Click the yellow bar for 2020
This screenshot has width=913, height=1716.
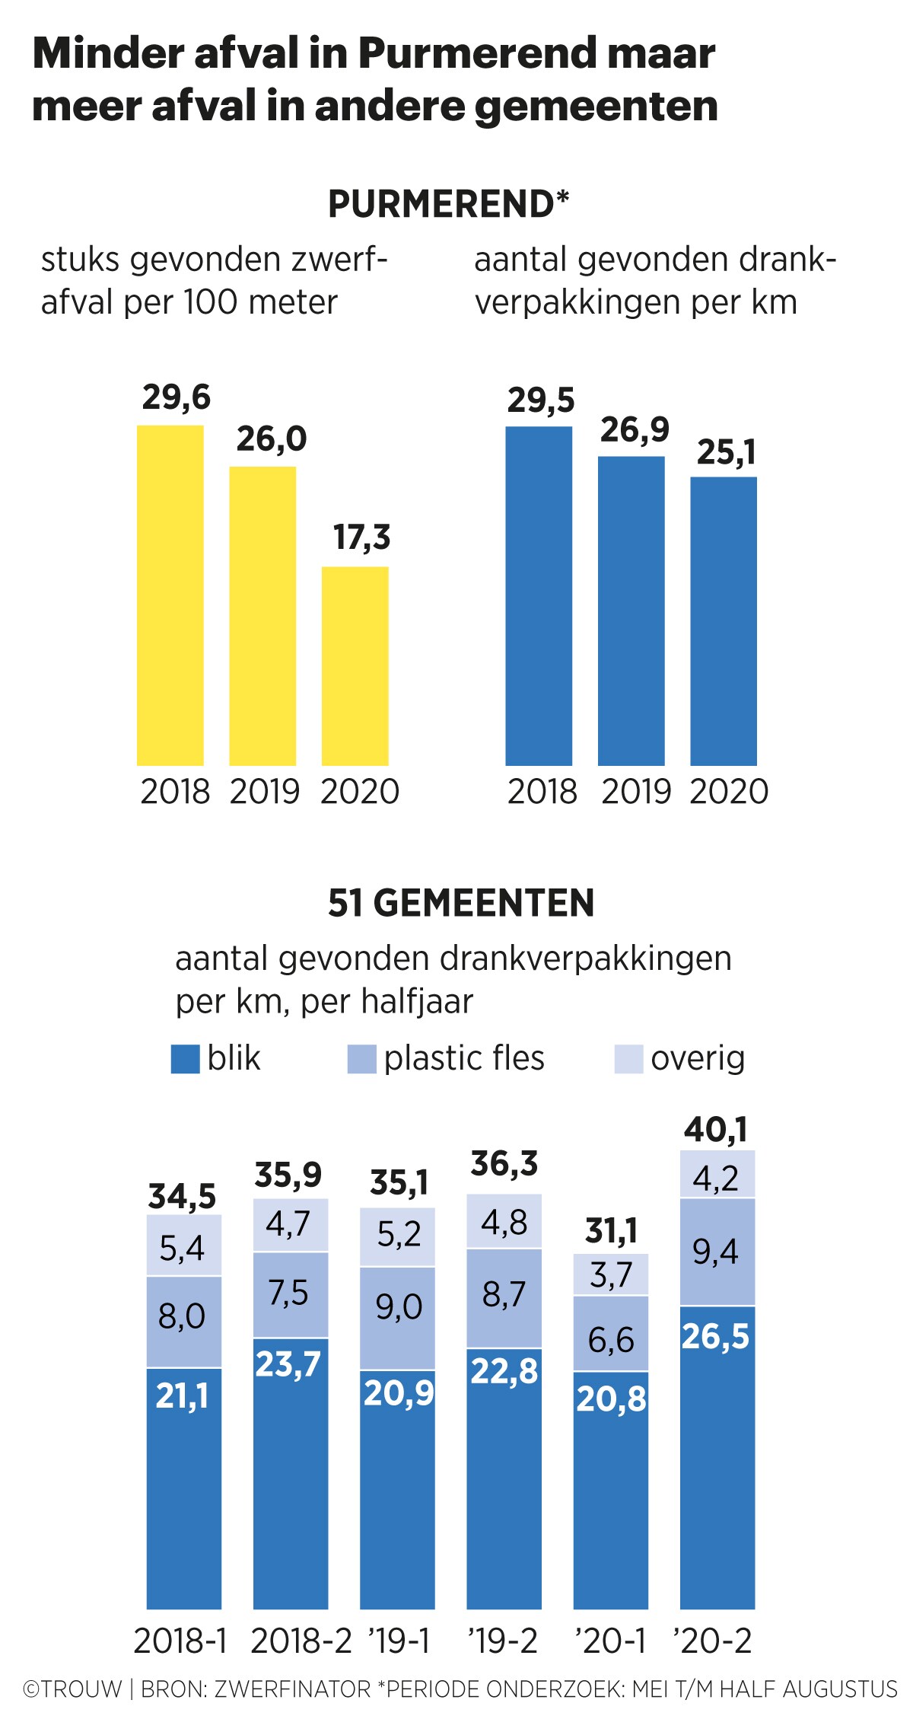(355, 666)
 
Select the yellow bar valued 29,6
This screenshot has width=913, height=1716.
(170, 595)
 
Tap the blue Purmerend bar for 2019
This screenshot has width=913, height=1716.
(631, 611)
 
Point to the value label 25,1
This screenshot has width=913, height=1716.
(726, 453)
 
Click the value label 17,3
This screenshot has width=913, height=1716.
(361, 537)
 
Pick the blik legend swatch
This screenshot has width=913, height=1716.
(185, 1059)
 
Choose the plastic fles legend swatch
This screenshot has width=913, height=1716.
(361, 1059)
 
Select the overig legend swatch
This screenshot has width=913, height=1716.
(628, 1059)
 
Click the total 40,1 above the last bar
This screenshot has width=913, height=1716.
(715, 1130)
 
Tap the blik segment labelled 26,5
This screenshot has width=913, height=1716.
(717, 1457)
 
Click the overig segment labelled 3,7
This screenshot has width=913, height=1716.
(611, 1274)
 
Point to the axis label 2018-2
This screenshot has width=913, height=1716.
(301, 1641)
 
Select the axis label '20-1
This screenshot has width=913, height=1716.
(610, 1641)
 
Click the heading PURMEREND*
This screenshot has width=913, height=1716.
(449, 204)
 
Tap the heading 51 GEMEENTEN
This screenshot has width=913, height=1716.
(461, 903)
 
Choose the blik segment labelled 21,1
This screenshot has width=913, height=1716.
(183, 1488)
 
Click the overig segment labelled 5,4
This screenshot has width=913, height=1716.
(183, 1246)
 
